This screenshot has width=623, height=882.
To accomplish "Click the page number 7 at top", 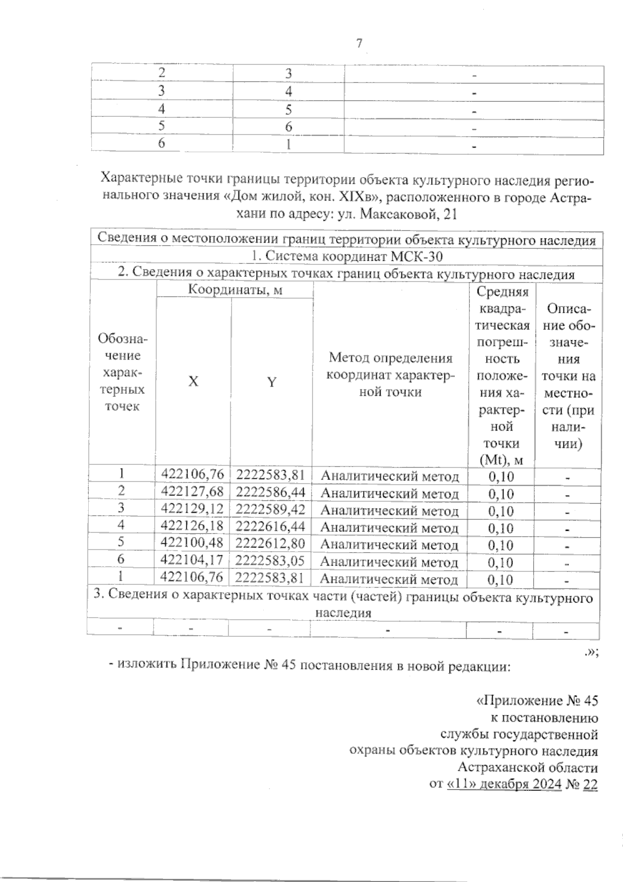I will coord(359,44).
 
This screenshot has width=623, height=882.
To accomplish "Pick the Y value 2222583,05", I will coord(270,561).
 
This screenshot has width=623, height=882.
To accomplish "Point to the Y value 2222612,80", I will coord(270,544).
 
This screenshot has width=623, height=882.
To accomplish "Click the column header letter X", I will coord(193,382).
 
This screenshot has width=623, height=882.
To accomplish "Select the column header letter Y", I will coord(271,382).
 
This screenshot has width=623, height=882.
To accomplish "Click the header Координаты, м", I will coord(235,290).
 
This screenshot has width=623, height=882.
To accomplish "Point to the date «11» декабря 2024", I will coord(504,784).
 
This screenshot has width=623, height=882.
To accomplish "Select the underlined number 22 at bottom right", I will coord(590,784).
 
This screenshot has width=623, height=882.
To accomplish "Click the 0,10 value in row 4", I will coord(501,528).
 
